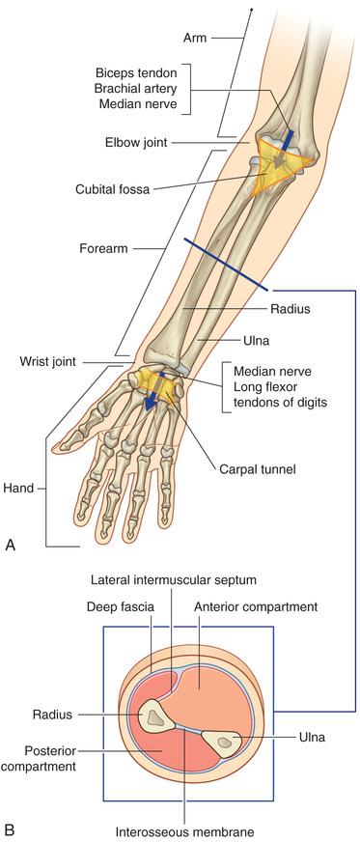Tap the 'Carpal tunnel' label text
pyautogui.click(x=259, y=468)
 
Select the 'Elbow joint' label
pyautogui.click(x=136, y=143)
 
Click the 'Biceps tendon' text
pyautogui.click(x=136, y=72)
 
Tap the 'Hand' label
pyautogui.click(x=17, y=489)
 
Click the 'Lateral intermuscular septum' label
pyautogui.click(x=174, y=579)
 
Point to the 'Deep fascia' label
pyautogui.click(x=121, y=607)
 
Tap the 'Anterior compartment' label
pyautogui.click(x=256, y=606)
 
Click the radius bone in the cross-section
pyautogui.click(x=156, y=716)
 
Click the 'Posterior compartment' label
pyautogui.click(x=38, y=757)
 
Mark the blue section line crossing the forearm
pyautogui.click(x=226, y=265)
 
